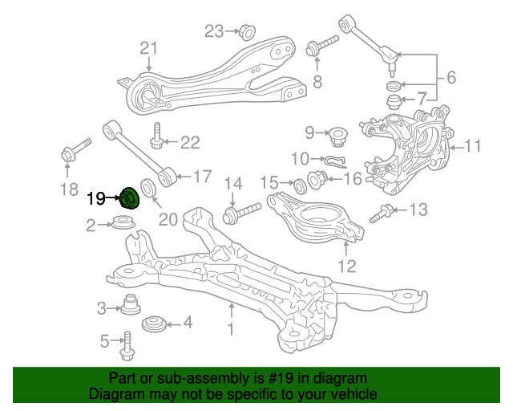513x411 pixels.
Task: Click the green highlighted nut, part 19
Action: click(x=127, y=197)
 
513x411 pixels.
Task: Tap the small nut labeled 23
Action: click(x=247, y=32)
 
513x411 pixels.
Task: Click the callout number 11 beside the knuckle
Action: click(x=473, y=147)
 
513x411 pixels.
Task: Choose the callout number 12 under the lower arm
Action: click(x=346, y=266)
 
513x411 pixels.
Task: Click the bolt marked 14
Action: click(x=240, y=214)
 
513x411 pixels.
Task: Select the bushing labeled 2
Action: click(x=123, y=223)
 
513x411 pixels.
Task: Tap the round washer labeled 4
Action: click(x=153, y=324)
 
